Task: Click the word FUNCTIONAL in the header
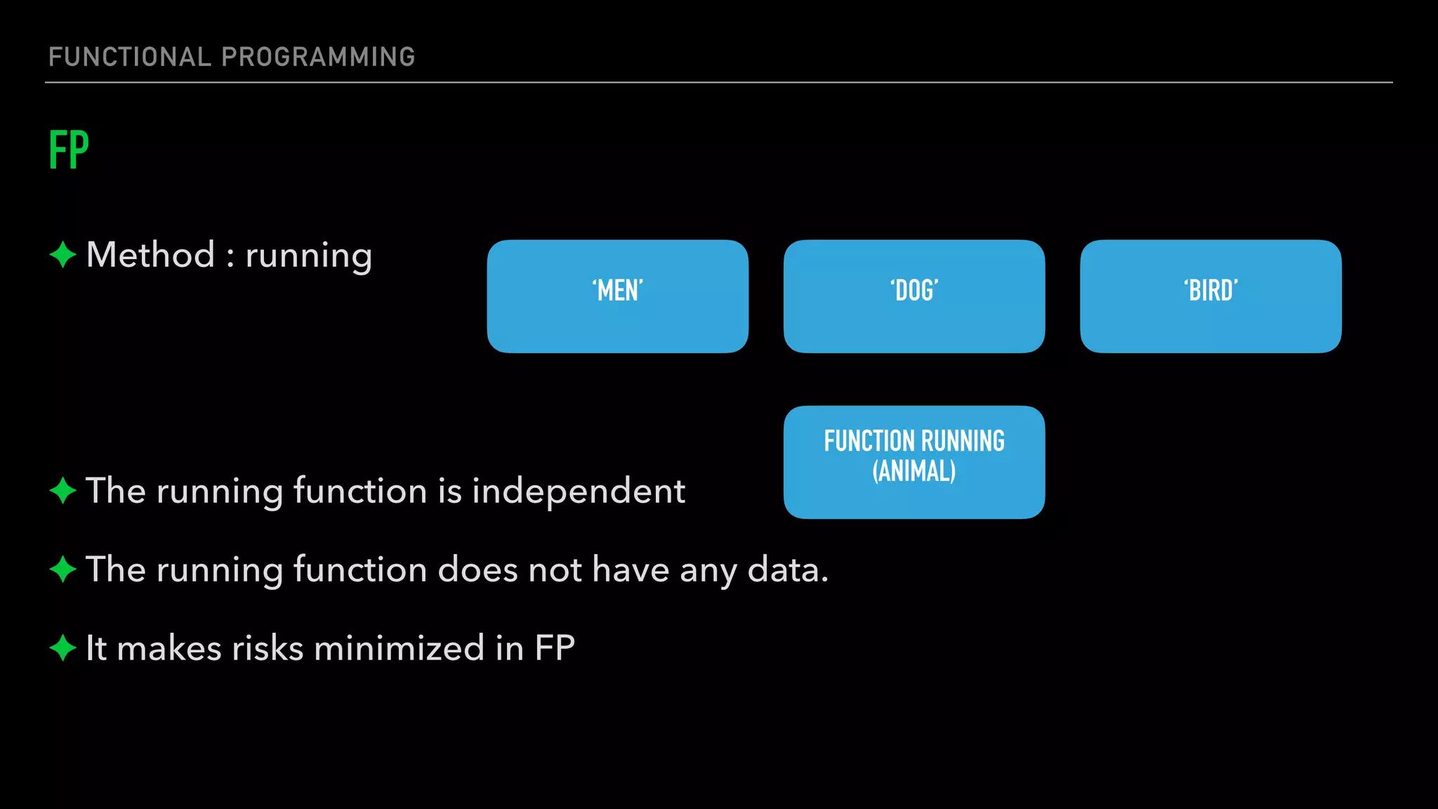[x=129, y=57]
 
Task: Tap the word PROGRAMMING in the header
[x=318, y=57]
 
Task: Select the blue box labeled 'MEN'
[x=617, y=296]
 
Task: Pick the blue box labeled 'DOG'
[x=913, y=296]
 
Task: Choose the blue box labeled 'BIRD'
[x=1211, y=296]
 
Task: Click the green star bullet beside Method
[x=62, y=254]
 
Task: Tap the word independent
[x=579, y=491]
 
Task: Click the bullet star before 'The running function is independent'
[x=62, y=490]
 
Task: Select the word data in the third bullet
[x=787, y=570]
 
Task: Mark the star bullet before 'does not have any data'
[x=62, y=569]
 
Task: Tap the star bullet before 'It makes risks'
[x=62, y=647]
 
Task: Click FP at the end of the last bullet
[x=555, y=648]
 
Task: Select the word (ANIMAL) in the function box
[x=913, y=471]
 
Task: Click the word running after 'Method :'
[x=308, y=256]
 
